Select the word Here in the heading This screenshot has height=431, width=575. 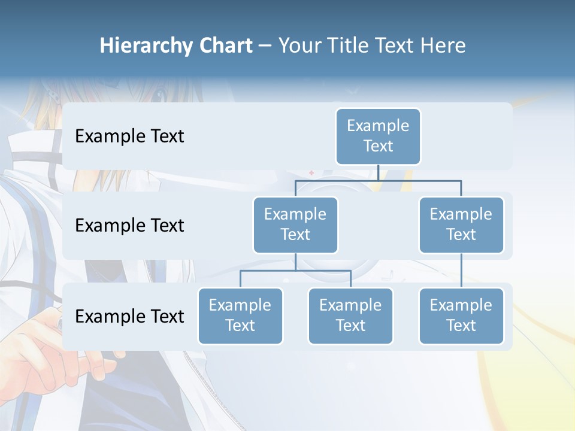click(443, 45)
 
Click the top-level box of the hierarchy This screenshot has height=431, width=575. click(378, 136)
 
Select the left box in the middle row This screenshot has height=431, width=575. click(295, 224)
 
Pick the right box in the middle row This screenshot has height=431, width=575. click(461, 224)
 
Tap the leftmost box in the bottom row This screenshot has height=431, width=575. click(240, 315)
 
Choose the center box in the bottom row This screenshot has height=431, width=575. click(350, 315)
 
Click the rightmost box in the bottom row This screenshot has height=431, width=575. click(461, 315)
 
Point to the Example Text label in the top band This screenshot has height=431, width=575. click(129, 136)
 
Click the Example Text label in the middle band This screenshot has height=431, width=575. click(129, 226)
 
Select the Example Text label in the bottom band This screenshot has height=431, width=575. click(129, 316)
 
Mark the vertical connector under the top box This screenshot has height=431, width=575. click(378, 172)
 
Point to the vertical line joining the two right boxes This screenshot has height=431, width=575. click(461, 270)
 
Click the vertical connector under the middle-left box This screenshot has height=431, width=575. click(295, 262)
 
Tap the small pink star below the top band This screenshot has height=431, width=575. click(311, 173)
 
